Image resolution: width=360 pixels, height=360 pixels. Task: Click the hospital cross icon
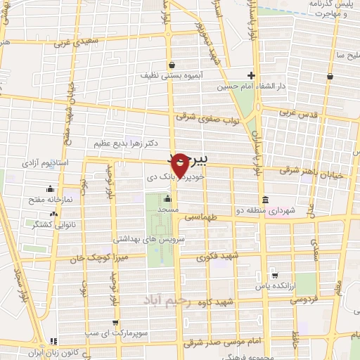coord(251,75)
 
